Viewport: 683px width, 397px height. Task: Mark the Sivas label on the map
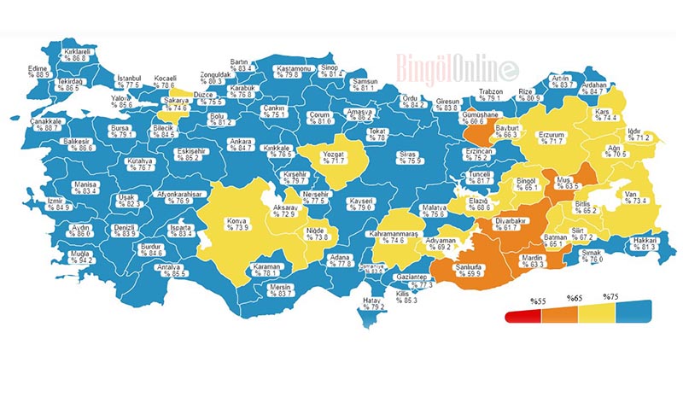pyautogui.click(x=411, y=157)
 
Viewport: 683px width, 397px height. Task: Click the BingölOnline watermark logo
pyautogui.click(x=456, y=66)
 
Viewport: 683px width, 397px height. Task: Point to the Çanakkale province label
pyautogui.click(x=45, y=125)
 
